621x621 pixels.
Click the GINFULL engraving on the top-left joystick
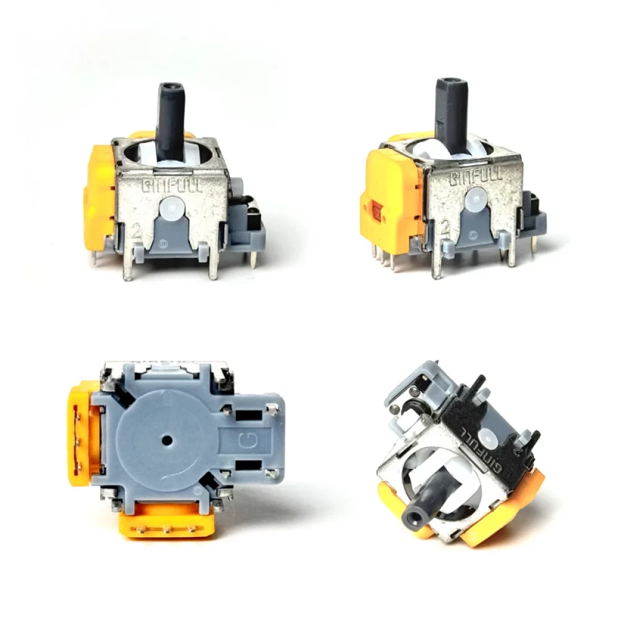(172, 186)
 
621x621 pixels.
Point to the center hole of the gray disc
(166, 440)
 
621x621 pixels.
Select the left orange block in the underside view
(81, 435)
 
